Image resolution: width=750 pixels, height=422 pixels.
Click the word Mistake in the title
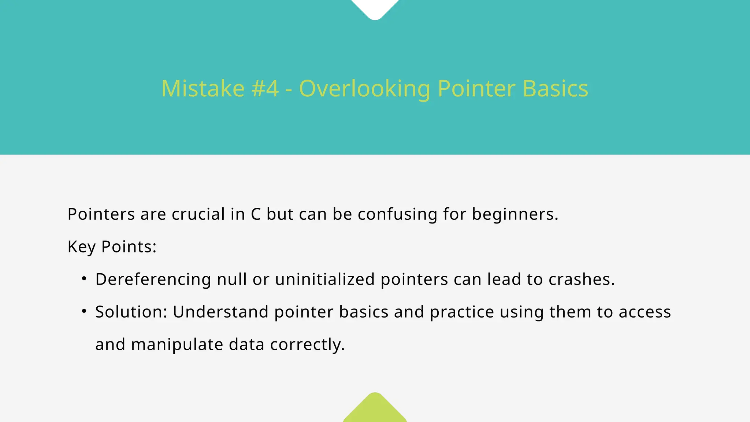point(203,89)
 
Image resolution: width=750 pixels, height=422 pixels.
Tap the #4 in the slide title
point(265,89)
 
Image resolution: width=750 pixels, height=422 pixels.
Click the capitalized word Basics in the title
point(555,89)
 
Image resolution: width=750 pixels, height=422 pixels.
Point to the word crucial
point(198,214)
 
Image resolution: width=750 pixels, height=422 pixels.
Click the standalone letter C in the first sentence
point(256,214)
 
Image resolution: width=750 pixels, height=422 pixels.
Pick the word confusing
point(397,215)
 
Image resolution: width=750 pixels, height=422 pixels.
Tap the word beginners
point(515,215)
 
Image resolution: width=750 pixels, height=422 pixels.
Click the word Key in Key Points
point(81,247)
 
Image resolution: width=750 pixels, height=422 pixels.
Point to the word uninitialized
point(325,279)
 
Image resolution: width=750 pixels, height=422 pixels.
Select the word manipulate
point(177,345)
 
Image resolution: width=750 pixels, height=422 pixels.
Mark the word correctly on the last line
point(307,345)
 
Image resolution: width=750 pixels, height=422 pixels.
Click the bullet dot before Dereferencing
point(84,279)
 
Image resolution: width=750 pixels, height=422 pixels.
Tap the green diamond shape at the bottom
point(375,410)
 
